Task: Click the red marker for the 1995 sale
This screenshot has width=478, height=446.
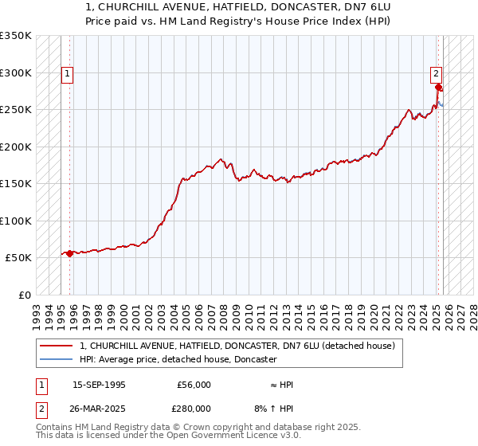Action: (x=70, y=253)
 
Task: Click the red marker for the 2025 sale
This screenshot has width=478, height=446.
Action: (x=439, y=88)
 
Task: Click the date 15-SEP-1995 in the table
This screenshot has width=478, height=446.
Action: (x=99, y=385)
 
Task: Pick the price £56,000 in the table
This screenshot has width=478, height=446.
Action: (x=194, y=385)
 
